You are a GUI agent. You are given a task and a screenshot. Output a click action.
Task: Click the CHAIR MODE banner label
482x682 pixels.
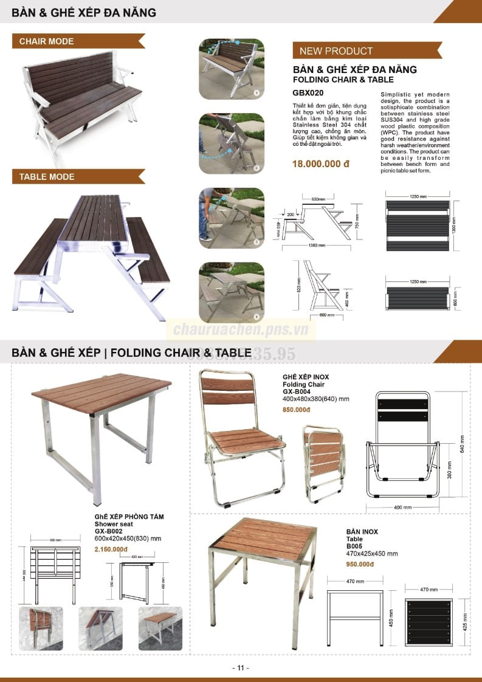click(46, 41)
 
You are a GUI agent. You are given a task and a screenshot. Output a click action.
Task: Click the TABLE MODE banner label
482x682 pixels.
click(47, 177)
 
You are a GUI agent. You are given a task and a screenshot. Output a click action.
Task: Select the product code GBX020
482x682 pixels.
click(308, 93)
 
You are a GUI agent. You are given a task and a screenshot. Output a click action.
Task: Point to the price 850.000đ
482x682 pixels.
click(297, 409)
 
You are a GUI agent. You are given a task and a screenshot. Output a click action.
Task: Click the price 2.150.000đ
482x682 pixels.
click(111, 549)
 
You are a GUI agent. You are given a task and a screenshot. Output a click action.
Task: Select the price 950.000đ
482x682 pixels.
click(360, 564)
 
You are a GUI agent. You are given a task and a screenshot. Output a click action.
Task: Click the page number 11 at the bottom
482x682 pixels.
click(241, 668)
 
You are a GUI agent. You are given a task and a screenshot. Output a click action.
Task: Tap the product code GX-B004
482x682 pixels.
click(297, 392)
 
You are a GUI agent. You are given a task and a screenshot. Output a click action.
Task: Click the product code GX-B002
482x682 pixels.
click(109, 531)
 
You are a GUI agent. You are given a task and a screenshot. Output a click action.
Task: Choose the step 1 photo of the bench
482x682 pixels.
click(232, 69)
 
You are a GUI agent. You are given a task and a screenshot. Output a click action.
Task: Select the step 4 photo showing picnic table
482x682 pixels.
click(232, 292)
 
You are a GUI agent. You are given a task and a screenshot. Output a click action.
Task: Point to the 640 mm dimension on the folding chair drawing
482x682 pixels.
click(462, 439)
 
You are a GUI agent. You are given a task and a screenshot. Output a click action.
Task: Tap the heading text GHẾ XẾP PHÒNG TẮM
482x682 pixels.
click(129, 517)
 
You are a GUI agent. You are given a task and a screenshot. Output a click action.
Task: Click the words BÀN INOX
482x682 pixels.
click(362, 532)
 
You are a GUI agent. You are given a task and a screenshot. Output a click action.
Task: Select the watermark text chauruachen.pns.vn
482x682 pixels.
click(241, 330)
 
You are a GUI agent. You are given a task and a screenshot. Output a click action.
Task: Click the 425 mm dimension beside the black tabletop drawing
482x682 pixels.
click(466, 621)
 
